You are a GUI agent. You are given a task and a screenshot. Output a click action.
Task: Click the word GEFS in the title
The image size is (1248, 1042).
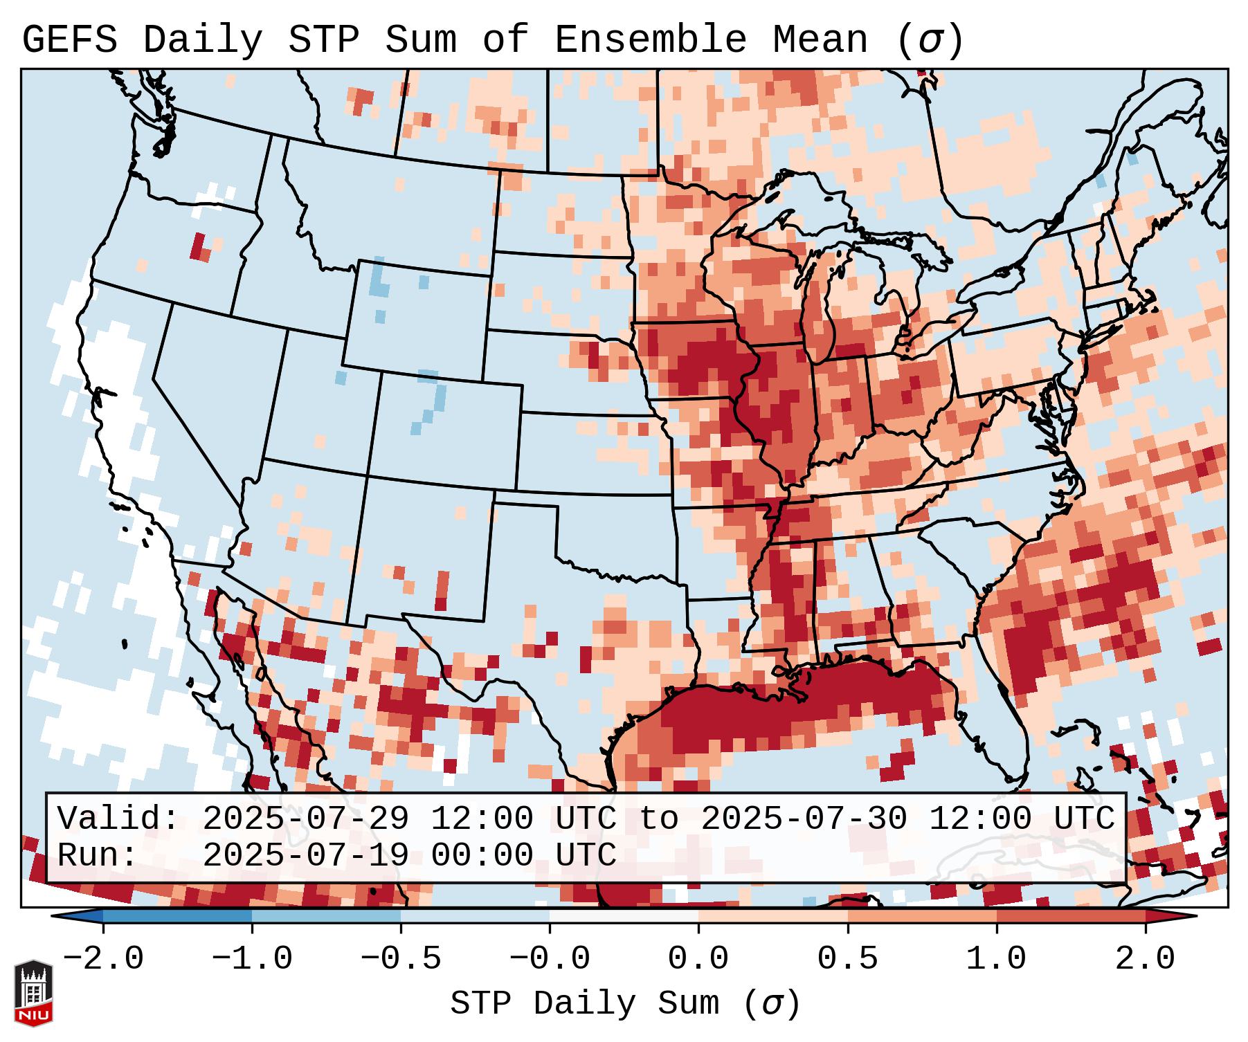pos(70,40)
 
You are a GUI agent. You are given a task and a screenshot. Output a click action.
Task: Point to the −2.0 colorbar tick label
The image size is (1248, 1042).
pos(103,959)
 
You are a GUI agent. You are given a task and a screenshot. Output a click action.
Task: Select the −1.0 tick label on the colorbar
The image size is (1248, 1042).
pos(252,959)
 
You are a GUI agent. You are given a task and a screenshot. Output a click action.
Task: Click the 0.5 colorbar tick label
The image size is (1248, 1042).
pos(848,959)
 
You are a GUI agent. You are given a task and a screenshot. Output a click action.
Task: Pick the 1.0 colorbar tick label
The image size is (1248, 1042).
pos(997,959)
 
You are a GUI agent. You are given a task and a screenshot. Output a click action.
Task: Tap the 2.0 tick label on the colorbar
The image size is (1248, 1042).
pos(1146,959)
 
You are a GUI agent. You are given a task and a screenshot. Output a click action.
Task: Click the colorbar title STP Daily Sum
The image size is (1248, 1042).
pos(585,1004)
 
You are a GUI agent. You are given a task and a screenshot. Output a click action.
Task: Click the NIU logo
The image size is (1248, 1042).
pos(33,993)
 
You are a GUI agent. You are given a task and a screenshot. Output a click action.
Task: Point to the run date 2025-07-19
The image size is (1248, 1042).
pos(305,855)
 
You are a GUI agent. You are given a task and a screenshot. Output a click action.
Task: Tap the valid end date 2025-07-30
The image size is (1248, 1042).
pos(804,819)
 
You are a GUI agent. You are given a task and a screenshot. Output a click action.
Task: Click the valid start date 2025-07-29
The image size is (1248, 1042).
pos(305,819)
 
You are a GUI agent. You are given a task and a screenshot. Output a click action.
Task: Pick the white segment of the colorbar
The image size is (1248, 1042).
pos(624,916)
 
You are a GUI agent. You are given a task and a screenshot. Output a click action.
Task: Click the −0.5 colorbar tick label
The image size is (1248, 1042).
pos(401,959)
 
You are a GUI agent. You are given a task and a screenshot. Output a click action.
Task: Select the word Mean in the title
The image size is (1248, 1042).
pos(820,40)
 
